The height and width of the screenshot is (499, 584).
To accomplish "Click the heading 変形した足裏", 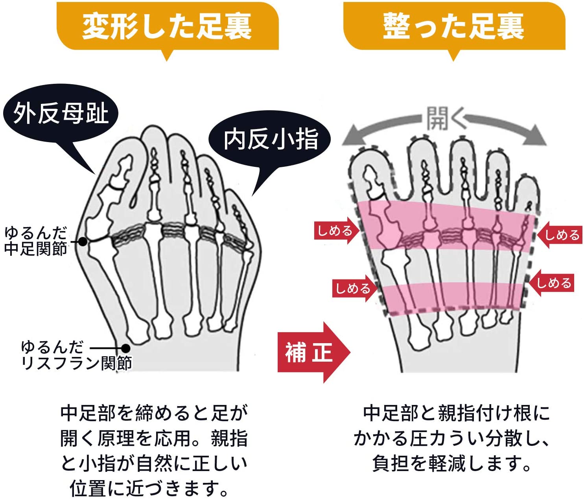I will coord(167,26).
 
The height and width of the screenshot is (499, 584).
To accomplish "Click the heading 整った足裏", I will coord(453,26).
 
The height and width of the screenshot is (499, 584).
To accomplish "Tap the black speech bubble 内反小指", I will coord(271,139).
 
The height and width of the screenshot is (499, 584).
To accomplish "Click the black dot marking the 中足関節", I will coord(83,241).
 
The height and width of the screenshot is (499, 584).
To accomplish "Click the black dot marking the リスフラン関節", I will coord(126,348).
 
